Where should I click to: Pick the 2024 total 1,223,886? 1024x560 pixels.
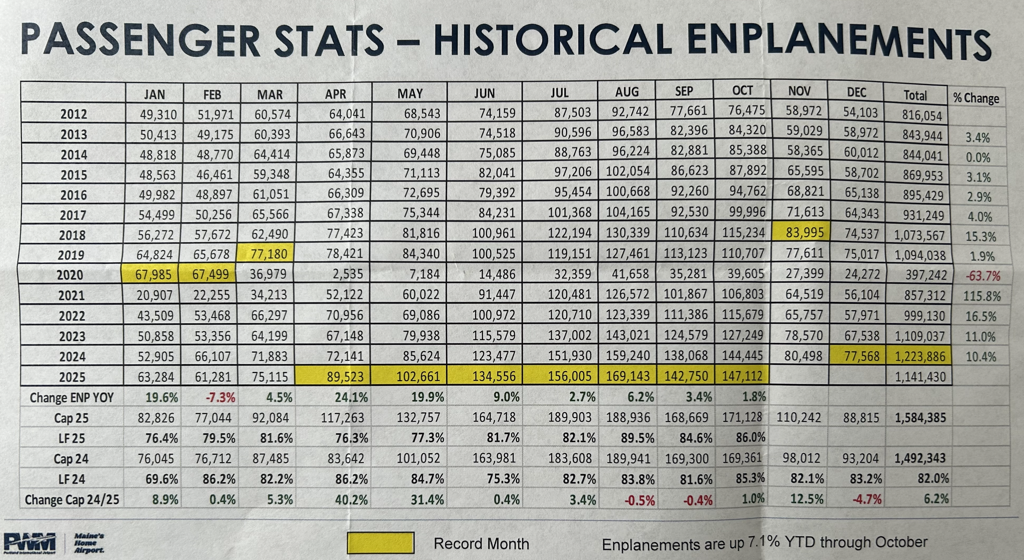tap(920, 356)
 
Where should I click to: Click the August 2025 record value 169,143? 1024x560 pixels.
tap(628, 376)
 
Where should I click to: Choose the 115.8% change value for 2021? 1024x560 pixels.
tap(982, 296)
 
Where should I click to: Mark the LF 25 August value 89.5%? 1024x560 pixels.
tap(637, 438)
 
